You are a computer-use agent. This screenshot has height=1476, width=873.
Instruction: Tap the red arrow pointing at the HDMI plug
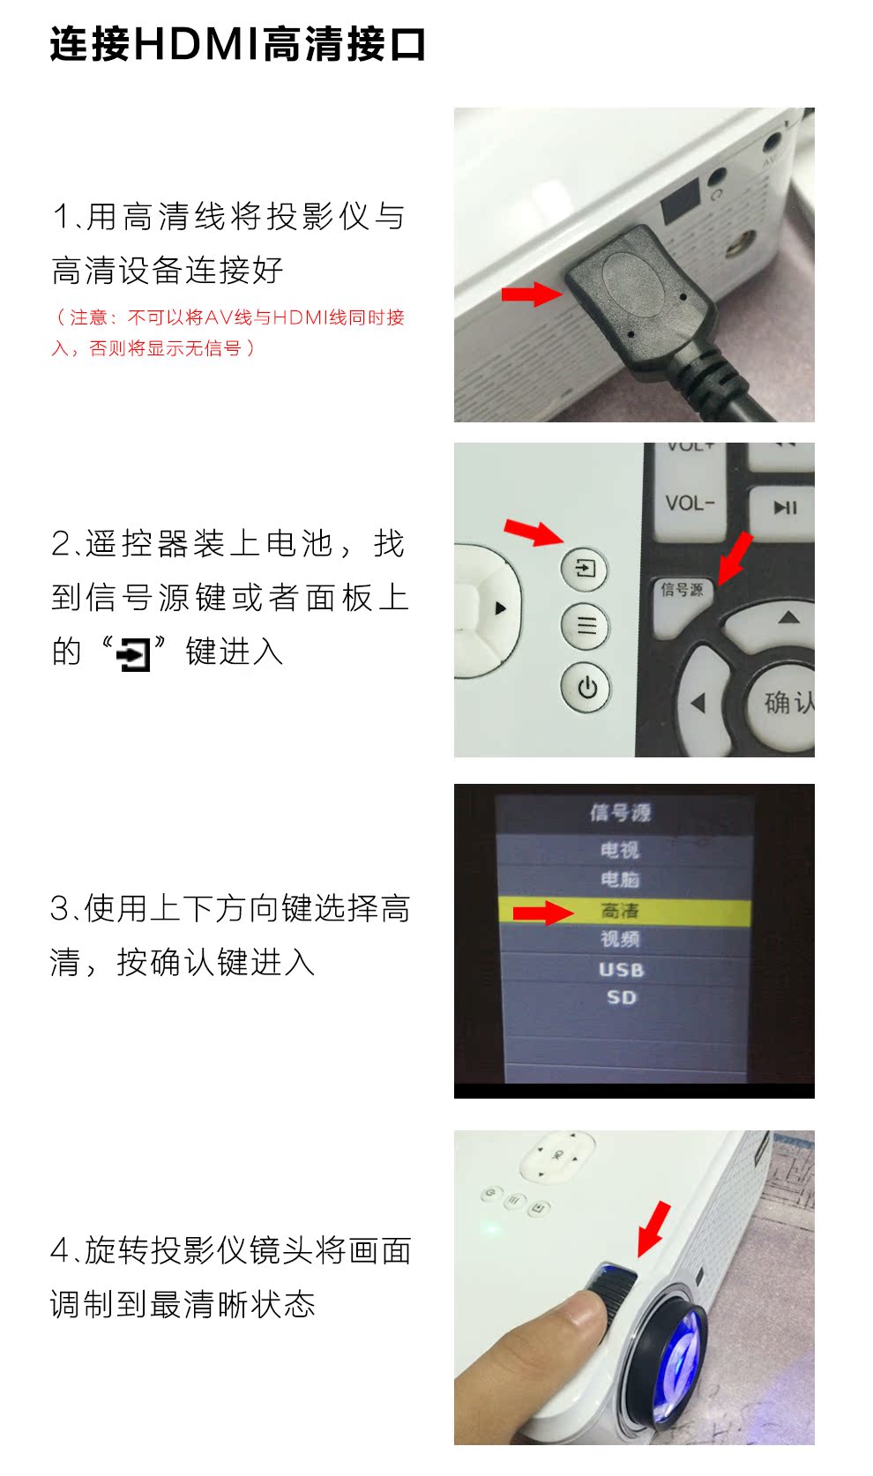pyautogui.click(x=532, y=294)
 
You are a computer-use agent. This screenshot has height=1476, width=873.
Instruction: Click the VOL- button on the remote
pyautogui.click(x=690, y=503)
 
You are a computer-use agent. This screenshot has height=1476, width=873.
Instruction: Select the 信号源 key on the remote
pyautogui.click(x=682, y=595)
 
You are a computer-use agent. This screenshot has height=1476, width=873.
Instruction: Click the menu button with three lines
pyautogui.click(x=585, y=625)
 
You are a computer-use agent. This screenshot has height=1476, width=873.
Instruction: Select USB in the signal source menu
pyautogui.click(x=621, y=970)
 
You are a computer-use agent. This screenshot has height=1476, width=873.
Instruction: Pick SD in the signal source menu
pyautogui.click(x=621, y=997)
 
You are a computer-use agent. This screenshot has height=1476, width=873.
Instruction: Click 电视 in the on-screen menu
pyautogui.click(x=619, y=850)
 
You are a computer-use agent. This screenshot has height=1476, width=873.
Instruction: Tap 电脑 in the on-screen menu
pyautogui.click(x=619, y=879)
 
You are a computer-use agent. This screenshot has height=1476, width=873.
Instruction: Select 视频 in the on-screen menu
pyautogui.click(x=619, y=939)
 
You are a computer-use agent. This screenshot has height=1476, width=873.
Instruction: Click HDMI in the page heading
pyautogui.click(x=198, y=44)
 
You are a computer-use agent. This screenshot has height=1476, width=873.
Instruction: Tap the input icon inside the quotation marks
pyautogui.click(x=133, y=653)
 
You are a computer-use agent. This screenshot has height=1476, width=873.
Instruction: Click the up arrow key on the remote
pyautogui.click(x=788, y=618)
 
